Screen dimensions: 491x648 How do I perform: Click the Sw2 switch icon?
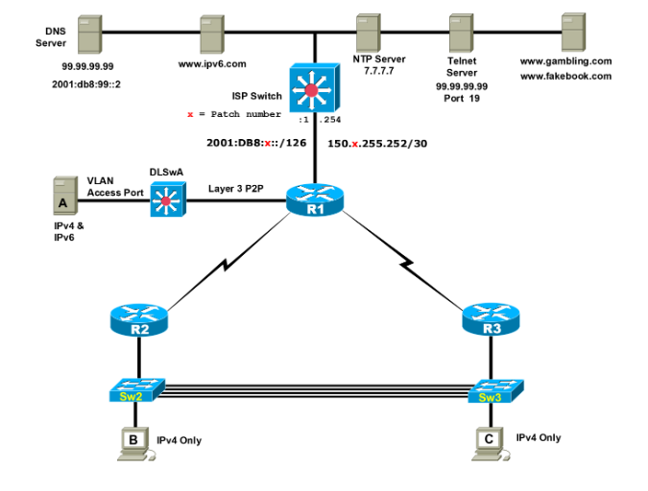pyautogui.click(x=135, y=390)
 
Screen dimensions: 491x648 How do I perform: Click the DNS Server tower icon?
pyautogui.click(x=88, y=35)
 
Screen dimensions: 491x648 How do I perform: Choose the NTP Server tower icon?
pyautogui.click(x=367, y=33)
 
